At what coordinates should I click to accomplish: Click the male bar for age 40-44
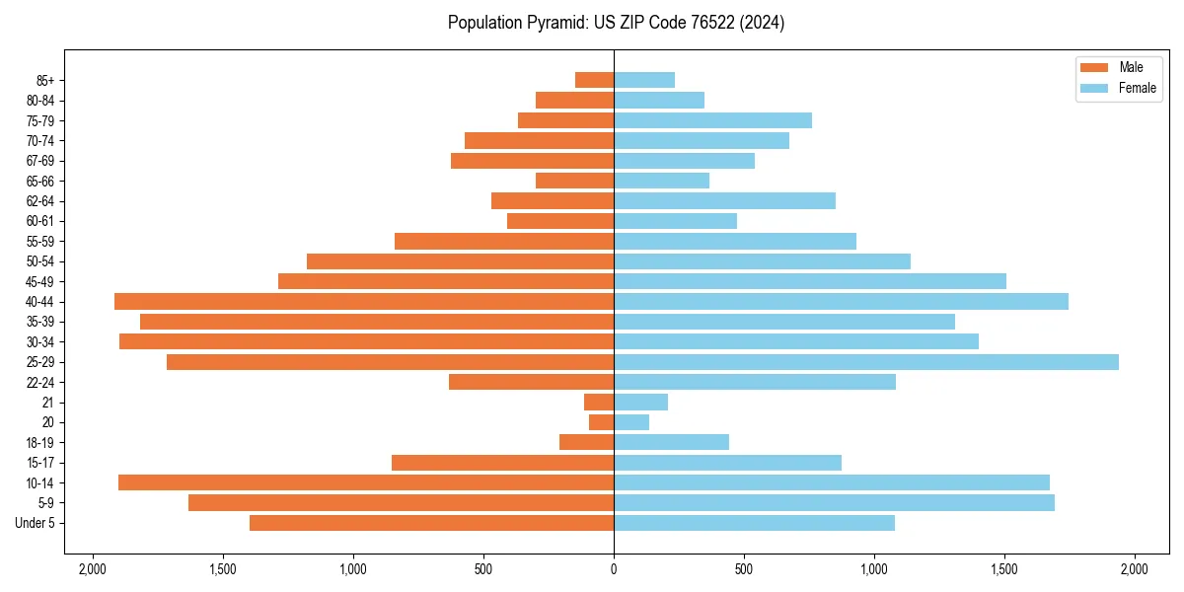tap(364, 302)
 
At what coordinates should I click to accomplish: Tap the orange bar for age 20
tap(601, 422)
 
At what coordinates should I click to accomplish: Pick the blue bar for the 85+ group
tap(644, 80)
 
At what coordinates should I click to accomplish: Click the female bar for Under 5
tap(754, 523)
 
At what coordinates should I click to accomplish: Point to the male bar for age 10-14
tap(366, 482)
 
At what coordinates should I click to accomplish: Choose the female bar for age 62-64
tap(724, 201)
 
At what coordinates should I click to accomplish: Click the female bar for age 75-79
tap(712, 120)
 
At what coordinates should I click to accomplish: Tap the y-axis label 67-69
tap(40, 161)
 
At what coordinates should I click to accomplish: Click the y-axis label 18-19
tap(40, 443)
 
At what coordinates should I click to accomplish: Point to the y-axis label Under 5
tap(36, 523)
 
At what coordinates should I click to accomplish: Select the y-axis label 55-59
tap(40, 242)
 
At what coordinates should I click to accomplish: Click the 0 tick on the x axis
tap(614, 568)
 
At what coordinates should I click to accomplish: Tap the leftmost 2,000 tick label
tap(93, 568)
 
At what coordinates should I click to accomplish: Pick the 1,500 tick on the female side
tap(1004, 568)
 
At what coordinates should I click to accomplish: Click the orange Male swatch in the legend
tap(1095, 67)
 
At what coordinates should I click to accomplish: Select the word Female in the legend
tap(1138, 88)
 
